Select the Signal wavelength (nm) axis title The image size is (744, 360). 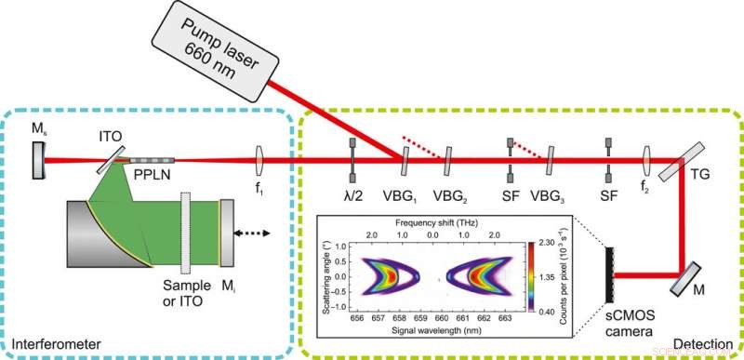tap(429, 330)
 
